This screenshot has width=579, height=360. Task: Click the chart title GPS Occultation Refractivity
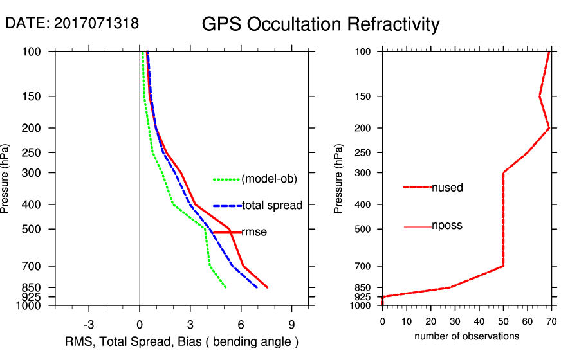pyautogui.click(x=320, y=24)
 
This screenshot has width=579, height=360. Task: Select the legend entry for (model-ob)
pyautogui.click(x=269, y=179)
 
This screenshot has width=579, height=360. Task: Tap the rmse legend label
pyautogui.click(x=254, y=232)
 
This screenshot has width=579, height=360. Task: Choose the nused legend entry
pyautogui.click(x=447, y=188)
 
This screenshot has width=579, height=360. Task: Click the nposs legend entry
pyautogui.click(x=447, y=226)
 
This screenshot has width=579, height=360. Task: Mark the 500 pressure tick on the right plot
pyautogui.click(x=365, y=229)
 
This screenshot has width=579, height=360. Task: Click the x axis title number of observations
pyautogui.click(x=466, y=336)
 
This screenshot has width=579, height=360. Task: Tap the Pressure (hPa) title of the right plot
pyautogui.click(x=339, y=179)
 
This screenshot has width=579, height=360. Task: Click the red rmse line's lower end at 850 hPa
pyautogui.click(x=267, y=287)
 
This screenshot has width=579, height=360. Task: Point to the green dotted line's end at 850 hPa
pyautogui.click(x=226, y=287)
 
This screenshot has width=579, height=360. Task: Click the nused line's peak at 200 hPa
pyautogui.click(x=549, y=128)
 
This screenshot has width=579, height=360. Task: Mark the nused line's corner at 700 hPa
pyautogui.click(x=503, y=266)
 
